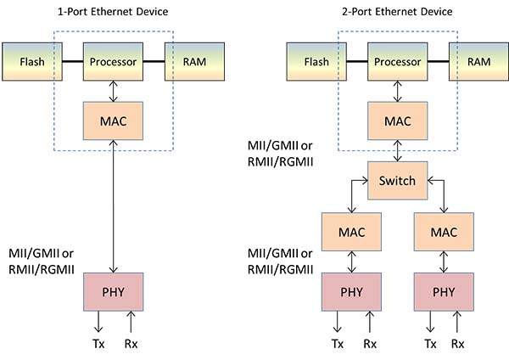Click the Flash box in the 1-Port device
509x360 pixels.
31,61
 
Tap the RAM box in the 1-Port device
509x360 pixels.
194,61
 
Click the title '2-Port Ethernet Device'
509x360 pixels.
398,11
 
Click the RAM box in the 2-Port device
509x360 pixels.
478,61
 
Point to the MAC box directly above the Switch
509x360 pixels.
398,121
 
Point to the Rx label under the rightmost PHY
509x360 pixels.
458,344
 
